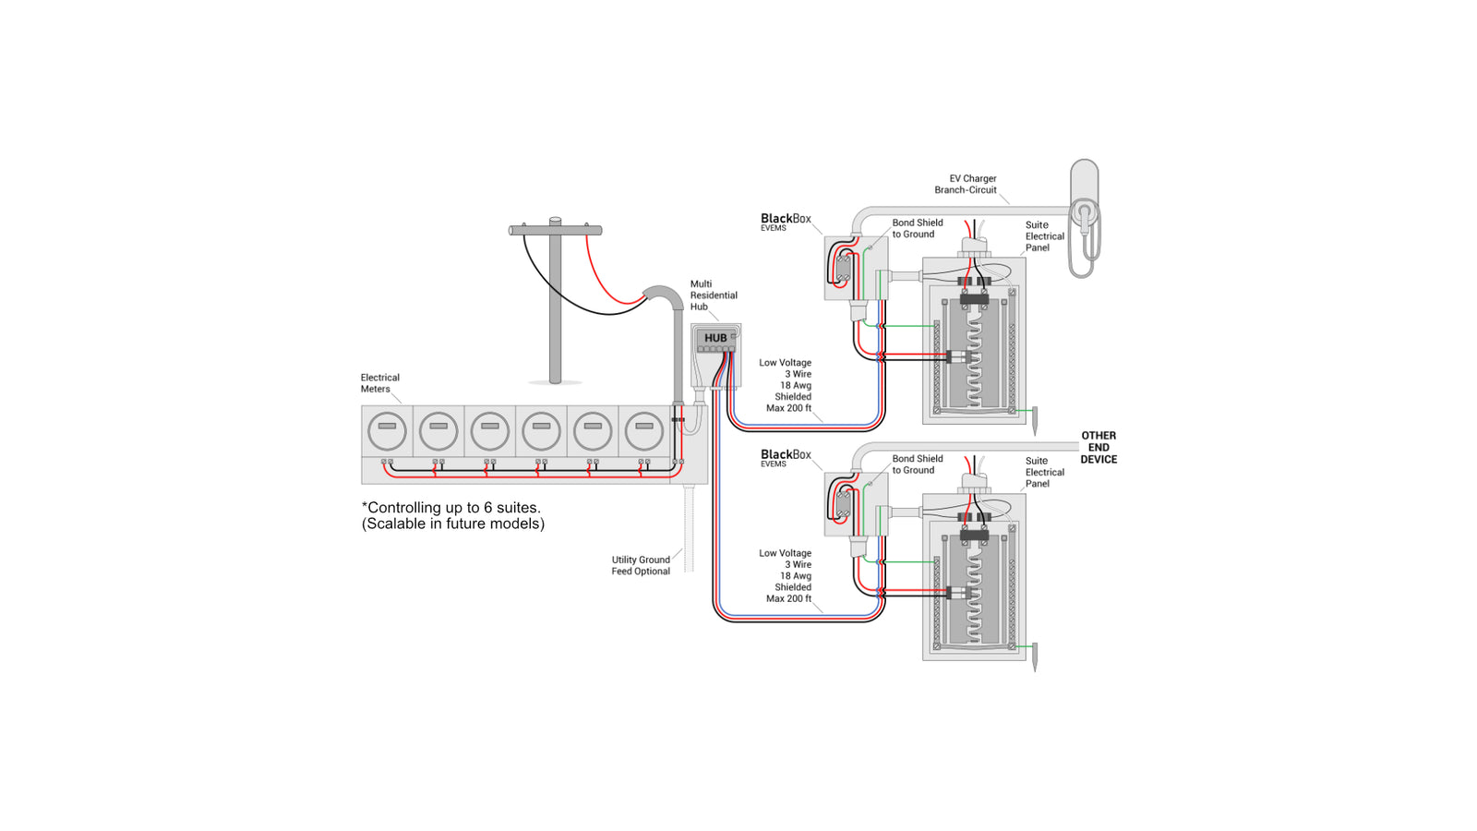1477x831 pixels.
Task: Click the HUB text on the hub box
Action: click(x=715, y=338)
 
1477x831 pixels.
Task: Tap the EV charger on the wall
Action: click(x=1085, y=218)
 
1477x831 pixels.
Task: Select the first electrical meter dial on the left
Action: click(x=387, y=430)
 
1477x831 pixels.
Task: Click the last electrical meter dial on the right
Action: click(x=643, y=430)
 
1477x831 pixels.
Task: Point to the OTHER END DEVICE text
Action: click(x=1099, y=447)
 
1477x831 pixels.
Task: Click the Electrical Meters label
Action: click(x=379, y=383)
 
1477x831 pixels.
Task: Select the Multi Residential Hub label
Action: click(x=713, y=295)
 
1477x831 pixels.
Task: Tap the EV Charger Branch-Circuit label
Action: click(x=967, y=184)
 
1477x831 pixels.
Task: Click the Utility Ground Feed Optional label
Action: click(x=641, y=565)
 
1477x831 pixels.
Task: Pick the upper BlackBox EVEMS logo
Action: click(x=786, y=222)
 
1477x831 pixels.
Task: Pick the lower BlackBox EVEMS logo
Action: click(x=786, y=457)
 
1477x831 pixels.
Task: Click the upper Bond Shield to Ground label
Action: click(x=917, y=228)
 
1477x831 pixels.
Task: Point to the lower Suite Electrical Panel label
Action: click(x=1044, y=472)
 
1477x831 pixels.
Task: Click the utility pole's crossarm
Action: click(x=555, y=230)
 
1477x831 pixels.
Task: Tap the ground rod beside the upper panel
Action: click(x=1035, y=420)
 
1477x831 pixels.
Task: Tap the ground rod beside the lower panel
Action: click(x=1035, y=656)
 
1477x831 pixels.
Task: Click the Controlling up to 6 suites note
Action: click(x=452, y=515)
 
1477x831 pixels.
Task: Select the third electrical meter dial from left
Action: click(x=489, y=430)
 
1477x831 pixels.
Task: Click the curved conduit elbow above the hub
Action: click(x=663, y=297)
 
